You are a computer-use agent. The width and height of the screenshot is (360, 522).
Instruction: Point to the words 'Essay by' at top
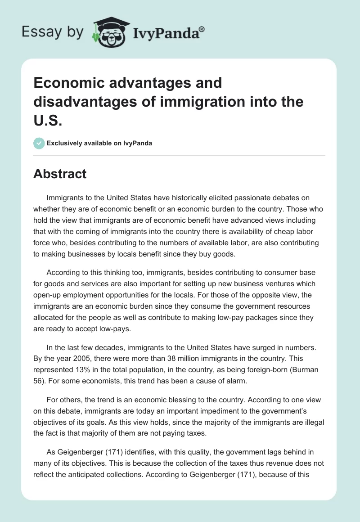coord(52,32)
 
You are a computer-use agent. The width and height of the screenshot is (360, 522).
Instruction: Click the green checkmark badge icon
coord(39,143)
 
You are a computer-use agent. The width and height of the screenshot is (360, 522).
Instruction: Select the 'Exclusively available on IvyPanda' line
coord(99,143)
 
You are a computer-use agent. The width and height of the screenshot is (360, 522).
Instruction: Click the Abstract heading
coord(60,173)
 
